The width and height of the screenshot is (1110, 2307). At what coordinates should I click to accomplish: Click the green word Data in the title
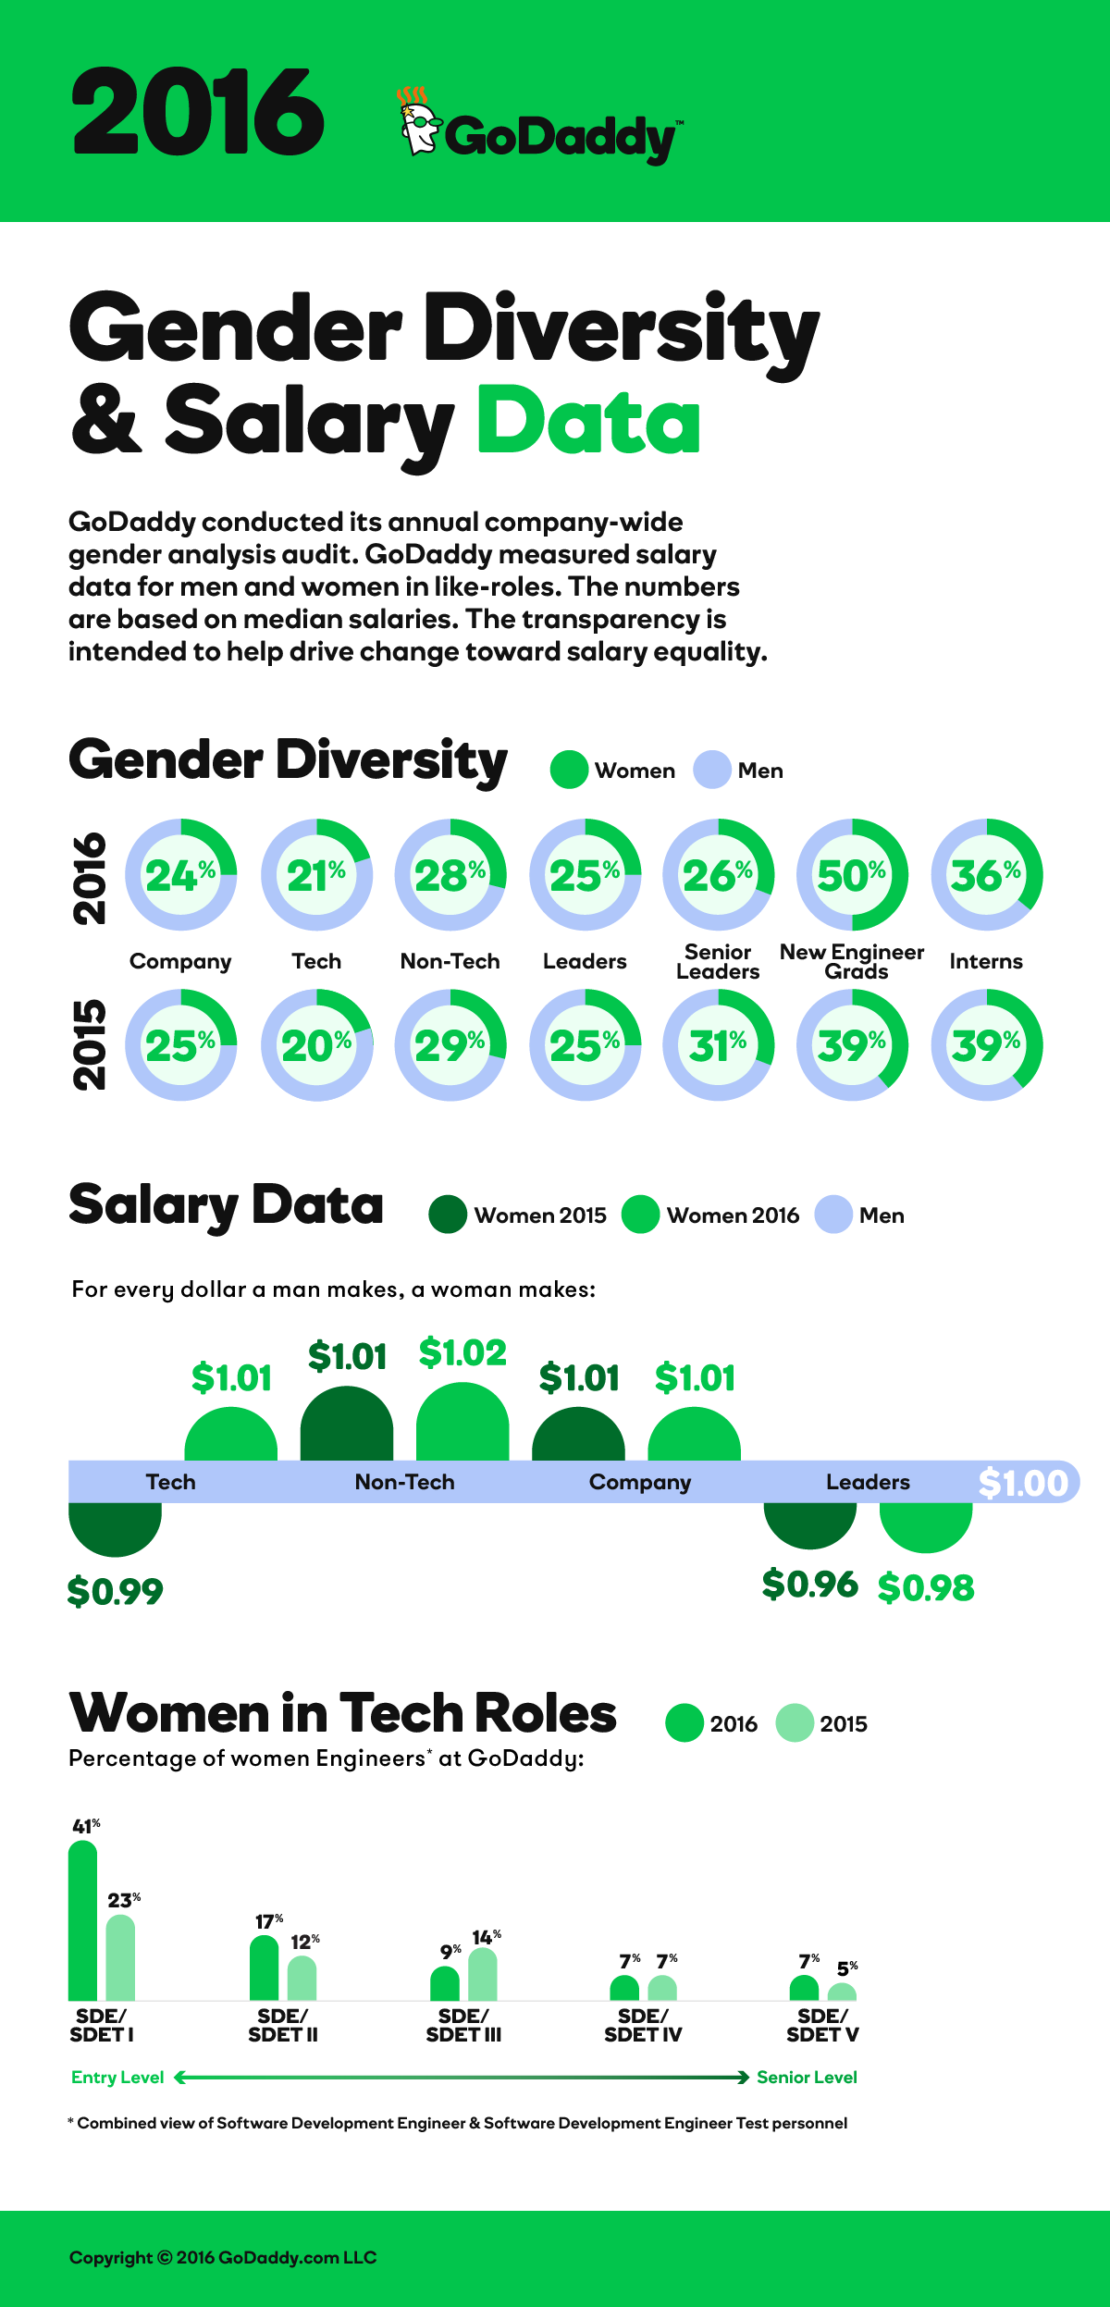[588, 421]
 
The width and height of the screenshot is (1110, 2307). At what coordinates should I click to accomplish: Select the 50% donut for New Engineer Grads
[852, 874]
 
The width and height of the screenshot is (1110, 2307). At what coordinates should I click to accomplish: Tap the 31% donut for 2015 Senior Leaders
[718, 1045]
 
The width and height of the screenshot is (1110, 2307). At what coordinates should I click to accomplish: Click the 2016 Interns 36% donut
[986, 874]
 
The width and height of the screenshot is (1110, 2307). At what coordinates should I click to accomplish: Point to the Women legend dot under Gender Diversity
[569, 770]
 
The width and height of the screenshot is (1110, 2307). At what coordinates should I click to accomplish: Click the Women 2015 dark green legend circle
[448, 1215]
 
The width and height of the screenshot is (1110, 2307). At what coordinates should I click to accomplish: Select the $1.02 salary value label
[462, 1352]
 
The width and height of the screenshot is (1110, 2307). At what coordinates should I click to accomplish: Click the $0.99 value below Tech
[115, 1591]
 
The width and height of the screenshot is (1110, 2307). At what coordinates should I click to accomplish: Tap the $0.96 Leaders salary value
[809, 1585]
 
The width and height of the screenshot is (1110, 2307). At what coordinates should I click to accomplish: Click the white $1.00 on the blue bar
[1023, 1483]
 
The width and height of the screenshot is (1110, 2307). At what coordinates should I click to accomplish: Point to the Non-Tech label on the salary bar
[404, 1482]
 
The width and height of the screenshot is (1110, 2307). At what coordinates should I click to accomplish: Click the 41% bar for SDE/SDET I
[83, 1922]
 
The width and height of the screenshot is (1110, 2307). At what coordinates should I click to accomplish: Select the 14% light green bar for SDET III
[483, 1975]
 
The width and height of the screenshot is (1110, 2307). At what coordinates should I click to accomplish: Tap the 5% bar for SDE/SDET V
[842, 1992]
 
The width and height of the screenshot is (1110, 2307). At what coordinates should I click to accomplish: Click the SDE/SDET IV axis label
[643, 2025]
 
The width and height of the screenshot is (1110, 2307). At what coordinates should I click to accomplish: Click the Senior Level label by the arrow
[807, 2077]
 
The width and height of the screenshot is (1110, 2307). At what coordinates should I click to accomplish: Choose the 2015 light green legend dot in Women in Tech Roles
[794, 1722]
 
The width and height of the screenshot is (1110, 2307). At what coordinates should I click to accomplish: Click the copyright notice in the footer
[223, 2257]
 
